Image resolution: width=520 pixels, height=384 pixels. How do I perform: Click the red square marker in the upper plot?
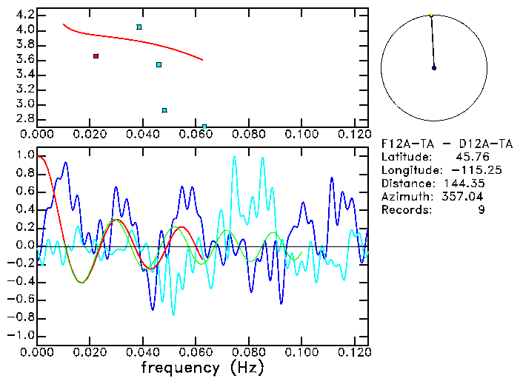(96, 56)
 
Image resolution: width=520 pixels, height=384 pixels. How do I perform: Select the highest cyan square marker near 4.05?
(139, 27)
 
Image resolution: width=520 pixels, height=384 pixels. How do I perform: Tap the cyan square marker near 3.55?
(159, 65)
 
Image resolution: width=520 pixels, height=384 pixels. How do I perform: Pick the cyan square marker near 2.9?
(164, 110)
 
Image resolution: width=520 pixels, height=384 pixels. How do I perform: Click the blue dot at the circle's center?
(434, 68)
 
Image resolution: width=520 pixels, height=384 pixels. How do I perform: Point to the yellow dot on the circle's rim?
(431, 15)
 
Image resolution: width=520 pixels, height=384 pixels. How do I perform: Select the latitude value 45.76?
(467, 157)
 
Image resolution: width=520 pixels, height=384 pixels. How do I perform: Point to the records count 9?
(481, 210)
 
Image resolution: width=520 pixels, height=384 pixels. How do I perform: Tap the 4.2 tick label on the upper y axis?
(25, 15)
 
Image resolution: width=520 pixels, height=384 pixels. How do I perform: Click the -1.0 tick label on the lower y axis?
(21, 335)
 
